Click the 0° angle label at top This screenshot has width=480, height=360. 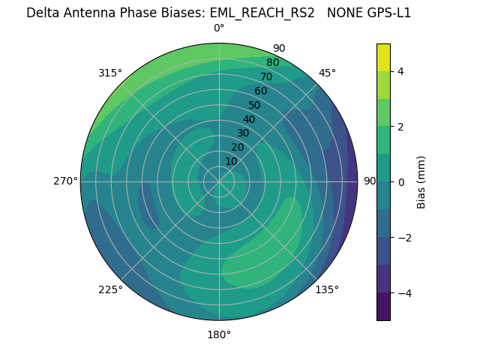pyautogui.click(x=219, y=28)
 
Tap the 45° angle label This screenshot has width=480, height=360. pyautogui.click(x=328, y=73)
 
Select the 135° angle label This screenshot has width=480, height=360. pyautogui.click(x=327, y=289)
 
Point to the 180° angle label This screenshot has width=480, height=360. pyautogui.click(x=219, y=334)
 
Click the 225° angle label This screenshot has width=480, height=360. pyautogui.click(x=110, y=289)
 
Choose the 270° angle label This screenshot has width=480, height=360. pyautogui.click(x=65, y=181)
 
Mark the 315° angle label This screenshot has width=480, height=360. pyautogui.click(x=110, y=73)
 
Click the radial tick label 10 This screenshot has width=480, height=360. pyautogui.click(x=231, y=161)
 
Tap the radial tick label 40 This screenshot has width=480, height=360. pyautogui.click(x=249, y=119)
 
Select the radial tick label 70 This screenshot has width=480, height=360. pyautogui.click(x=266, y=76)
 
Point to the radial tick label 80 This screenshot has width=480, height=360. pyautogui.click(x=272, y=62)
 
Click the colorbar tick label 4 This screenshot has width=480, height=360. pyautogui.click(x=400, y=71)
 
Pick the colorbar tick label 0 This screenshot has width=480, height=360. pyautogui.click(x=400, y=182)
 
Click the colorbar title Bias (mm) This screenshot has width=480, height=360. pyautogui.click(x=421, y=182)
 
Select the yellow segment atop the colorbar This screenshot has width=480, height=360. pyautogui.click(x=383, y=57)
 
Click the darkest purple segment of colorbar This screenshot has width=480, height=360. pyautogui.click(x=383, y=307)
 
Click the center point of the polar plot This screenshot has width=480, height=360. pyautogui.click(x=219, y=181)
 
